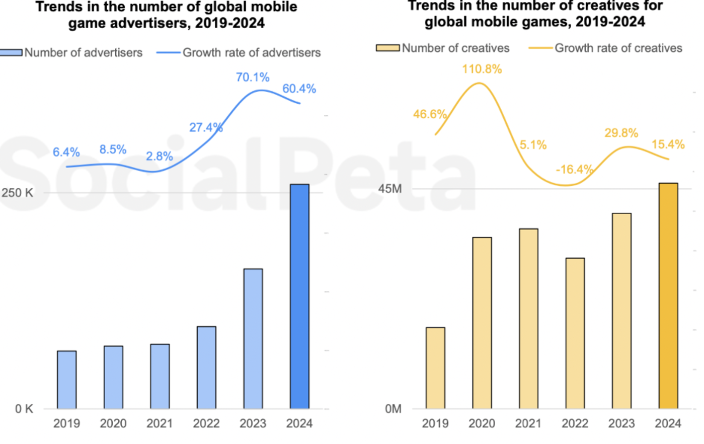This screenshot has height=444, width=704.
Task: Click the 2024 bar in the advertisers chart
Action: [x=300, y=297]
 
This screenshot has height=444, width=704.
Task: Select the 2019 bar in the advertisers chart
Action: [x=67, y=380]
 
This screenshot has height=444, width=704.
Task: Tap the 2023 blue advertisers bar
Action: [x=253, y=338]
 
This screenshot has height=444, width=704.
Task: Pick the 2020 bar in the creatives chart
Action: [x=482, y=323]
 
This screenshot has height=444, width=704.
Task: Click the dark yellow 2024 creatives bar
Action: [x=668, y=295]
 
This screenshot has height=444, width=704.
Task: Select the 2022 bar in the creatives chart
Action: [x=575, y=333]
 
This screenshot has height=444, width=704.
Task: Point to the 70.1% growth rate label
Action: [x=253, y=78]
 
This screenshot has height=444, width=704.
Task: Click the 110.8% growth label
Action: [x=482, y=69]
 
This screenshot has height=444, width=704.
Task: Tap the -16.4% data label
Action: [x=574, y=170]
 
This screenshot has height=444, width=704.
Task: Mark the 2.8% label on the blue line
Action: [x=160, y=157]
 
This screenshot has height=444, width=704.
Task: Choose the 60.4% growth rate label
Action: [x=299, y=89]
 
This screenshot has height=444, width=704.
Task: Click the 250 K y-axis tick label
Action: [x=17, y=193]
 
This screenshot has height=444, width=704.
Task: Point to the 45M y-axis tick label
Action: [x=390, y=189]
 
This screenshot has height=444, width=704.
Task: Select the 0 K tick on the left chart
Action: [x=24, y=409]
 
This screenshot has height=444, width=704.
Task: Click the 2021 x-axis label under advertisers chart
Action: [x=160, y=424]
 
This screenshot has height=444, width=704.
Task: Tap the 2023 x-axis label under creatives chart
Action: [x=621, y=424]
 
